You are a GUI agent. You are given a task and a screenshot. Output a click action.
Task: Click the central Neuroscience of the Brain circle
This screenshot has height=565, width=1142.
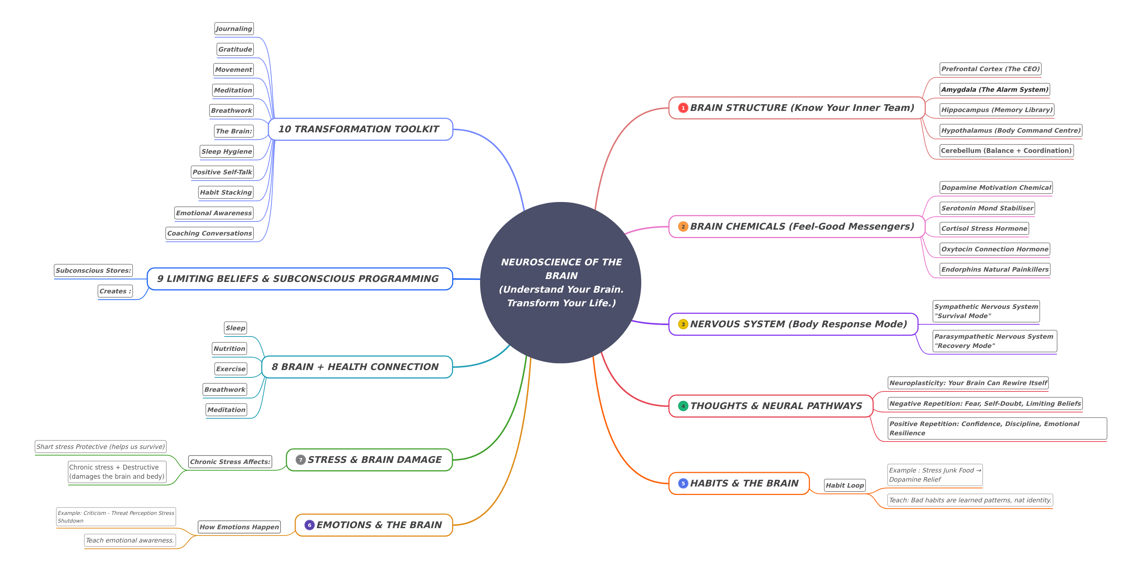click(x=561, y=283)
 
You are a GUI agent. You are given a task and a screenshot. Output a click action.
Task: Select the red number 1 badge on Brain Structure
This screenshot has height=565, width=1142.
click(x=683, y=108)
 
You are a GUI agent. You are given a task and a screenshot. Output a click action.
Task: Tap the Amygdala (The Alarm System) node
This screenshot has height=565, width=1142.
click(x=994, y=89)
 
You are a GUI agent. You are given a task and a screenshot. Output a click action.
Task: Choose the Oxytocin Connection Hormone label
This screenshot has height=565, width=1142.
click(x=994, y=249)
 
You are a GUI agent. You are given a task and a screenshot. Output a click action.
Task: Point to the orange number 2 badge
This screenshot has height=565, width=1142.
click(x=683, y=227)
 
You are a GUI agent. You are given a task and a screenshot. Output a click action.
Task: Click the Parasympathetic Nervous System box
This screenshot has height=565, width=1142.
click(x=994, y=341)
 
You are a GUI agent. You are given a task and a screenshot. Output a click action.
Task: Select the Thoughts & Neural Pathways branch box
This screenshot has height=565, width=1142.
click(x=771, y=406)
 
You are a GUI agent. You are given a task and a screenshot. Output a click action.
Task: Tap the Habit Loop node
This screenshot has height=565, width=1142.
click(x=845, y=485)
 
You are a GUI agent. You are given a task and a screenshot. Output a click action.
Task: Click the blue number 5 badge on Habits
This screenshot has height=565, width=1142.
click(x=683, y=483)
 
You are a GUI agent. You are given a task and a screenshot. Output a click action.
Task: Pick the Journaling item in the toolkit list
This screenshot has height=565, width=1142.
click(x=234, y=28)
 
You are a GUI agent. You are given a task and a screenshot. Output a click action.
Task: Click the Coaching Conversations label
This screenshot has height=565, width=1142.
click(x=209, y=233)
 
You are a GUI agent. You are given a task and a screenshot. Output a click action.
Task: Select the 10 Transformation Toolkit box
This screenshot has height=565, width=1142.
click(x=360, y=129)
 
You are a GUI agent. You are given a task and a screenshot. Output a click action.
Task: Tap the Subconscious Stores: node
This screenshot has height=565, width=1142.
click(x=93, y=270)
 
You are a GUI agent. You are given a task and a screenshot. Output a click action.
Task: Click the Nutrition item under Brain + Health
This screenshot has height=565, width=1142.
click(x=229, y=348)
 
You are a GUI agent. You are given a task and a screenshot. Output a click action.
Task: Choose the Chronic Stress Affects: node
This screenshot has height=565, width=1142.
click(x=230, y=461)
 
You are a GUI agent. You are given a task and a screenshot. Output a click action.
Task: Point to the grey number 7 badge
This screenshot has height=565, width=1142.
click(x=300, y=460)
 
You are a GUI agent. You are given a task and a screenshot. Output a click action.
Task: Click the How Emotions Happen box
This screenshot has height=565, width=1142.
click(x=239, y=527)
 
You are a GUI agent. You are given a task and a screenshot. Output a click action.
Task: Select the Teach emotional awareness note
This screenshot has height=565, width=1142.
click(x=130, y=540)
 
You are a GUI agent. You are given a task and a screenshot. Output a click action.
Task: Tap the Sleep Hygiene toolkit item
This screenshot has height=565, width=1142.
click(x=226, y=151)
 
